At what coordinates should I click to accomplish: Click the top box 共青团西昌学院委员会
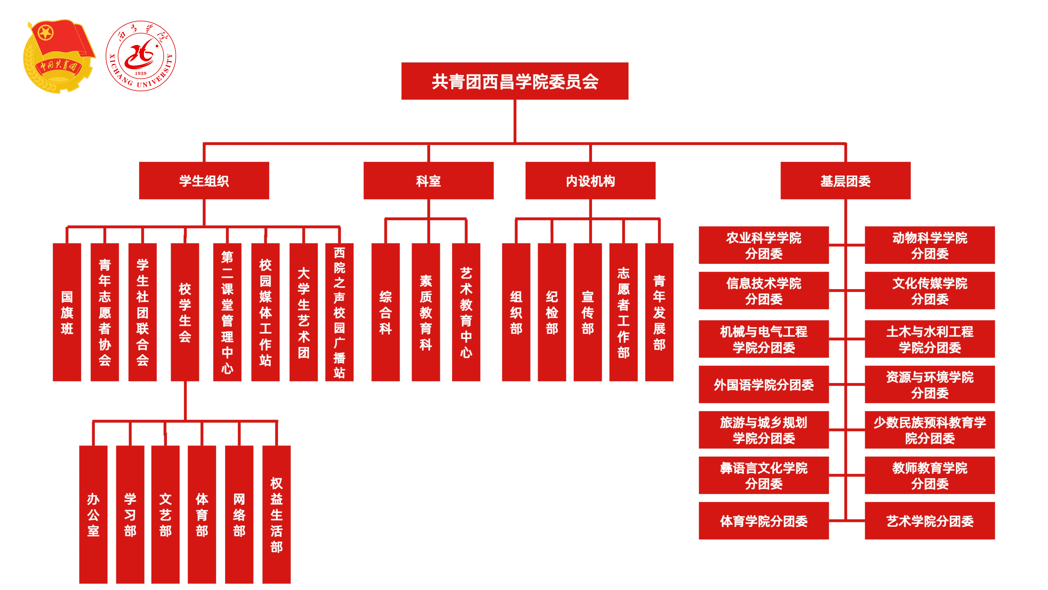pyautogui.click(x=515, y=81)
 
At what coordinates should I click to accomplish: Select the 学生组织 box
pyautogui.click(x=204, y=180)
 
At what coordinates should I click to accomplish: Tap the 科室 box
pyautogui.click(x=428, y=180)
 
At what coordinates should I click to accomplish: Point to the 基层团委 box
pyautogui.click(x=845, y=180)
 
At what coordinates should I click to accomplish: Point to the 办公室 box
pyautogui.click(x=93, y=514)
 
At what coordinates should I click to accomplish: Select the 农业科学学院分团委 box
pyautogui.click(x=764, y=245)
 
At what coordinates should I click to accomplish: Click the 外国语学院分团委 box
pyautogui.click(x=764, y=384)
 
